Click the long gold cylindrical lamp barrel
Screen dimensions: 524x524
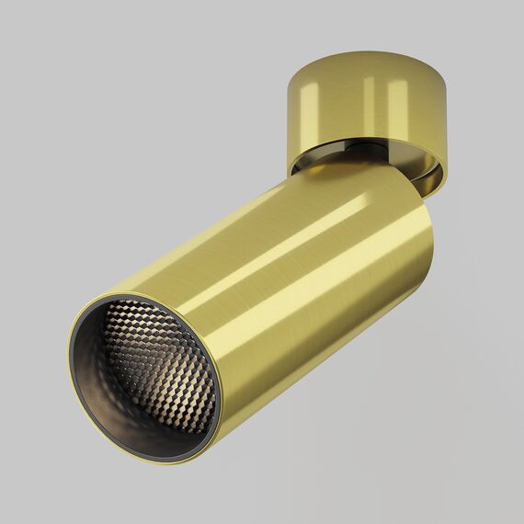pos(303,276)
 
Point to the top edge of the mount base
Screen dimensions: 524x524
pos(368,52)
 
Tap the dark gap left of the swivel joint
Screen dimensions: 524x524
pos(317,162)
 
